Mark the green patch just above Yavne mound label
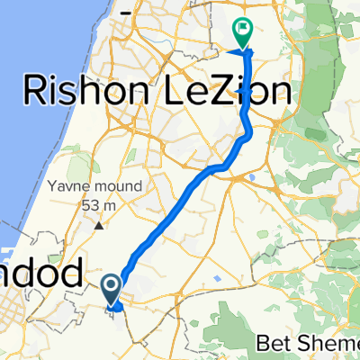pyautogui.click(x=82, y=166)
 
